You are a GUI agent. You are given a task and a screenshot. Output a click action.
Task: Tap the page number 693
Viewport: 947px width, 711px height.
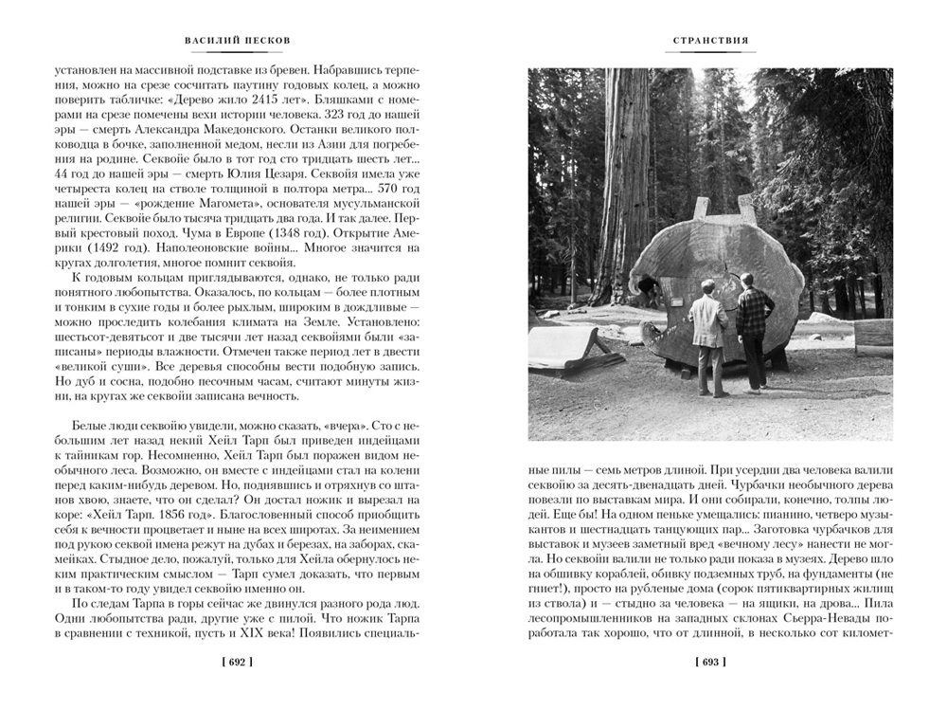710,663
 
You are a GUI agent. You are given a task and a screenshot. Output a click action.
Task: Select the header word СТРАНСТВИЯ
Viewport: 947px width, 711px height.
710,41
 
